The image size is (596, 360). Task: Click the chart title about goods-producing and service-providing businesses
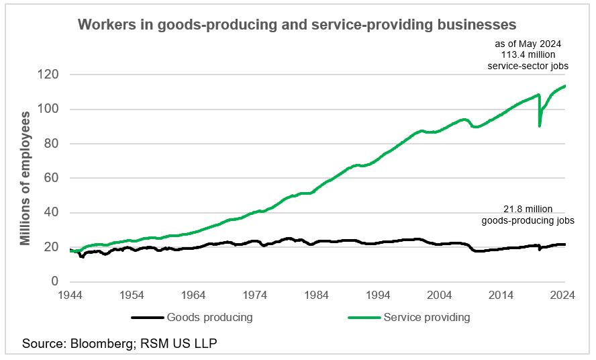(x=297, y=25)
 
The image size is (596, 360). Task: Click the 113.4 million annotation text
(x=527, y=55)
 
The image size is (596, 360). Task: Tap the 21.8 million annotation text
(x=528, y=214)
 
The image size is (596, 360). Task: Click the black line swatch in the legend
(x=147, y=318)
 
